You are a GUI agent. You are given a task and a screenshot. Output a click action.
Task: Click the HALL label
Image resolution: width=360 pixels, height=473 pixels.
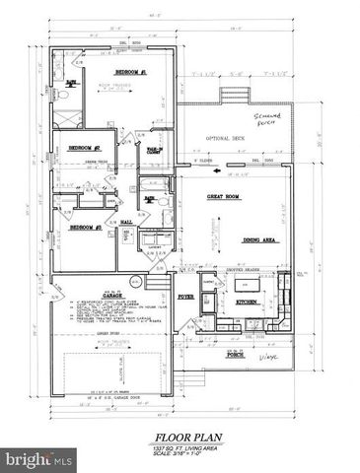[127, 223]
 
